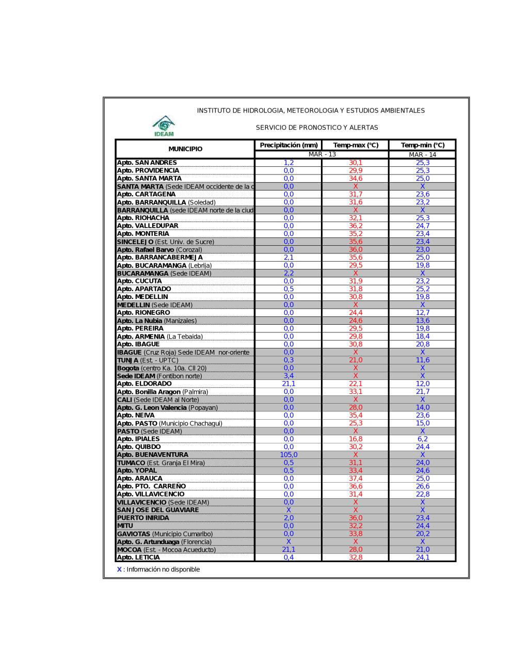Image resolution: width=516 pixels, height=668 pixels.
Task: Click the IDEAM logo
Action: coord(164,126)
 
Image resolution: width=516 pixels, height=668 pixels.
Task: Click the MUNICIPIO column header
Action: coord(185,149)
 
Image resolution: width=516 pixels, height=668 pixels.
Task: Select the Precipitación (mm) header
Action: coord(288,146)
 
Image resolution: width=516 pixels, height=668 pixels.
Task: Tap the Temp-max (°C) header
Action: coord(356,146)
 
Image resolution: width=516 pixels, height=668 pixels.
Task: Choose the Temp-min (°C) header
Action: coord(423,146)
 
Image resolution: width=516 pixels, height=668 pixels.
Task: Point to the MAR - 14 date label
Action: coord(423,155)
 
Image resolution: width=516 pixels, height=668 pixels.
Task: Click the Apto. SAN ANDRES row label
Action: coord(147,163)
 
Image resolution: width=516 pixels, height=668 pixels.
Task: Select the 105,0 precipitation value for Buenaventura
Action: coord(288,455)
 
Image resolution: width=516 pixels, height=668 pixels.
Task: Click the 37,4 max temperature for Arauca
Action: coord(356,479)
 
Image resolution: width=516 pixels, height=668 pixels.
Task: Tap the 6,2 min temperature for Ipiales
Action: coord(423,439)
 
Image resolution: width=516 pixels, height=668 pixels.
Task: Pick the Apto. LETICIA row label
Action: coord(138,558)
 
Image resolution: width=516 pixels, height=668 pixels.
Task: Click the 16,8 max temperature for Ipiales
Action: coord(356,439)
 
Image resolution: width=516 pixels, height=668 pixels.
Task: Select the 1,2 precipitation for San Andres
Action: coord(288,163)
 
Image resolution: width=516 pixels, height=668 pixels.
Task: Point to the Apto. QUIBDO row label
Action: coord(139,447)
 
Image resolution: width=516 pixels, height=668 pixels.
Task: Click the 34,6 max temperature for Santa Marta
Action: coord(356,179)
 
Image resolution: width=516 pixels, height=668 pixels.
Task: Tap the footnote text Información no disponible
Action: coord(163,569)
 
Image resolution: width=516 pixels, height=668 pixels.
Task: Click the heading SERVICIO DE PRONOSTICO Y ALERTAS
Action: coord(317,128)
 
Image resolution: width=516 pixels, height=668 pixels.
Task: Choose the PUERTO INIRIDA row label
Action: coord(143,518)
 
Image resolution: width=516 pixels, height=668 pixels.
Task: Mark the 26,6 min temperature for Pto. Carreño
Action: coord(423,486)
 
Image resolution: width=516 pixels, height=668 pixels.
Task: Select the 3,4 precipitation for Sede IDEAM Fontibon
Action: coord(288,376)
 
